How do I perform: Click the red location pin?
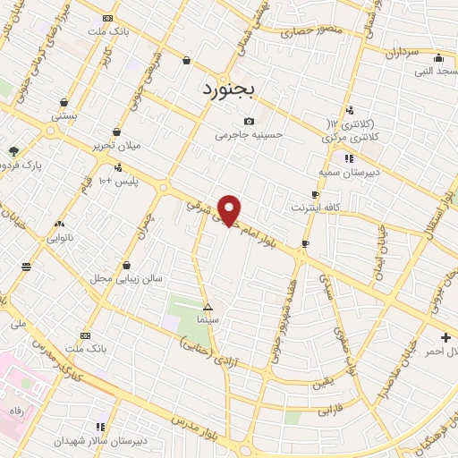(230, 209)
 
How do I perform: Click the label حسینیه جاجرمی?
(248, 136)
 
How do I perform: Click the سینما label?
(208, 319)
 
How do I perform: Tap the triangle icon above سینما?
(208, 306)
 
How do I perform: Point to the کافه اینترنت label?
(313, 208)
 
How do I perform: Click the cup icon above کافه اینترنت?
(315, 194)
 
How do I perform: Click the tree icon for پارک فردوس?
(13, 151)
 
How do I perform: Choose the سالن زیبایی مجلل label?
(125, 278)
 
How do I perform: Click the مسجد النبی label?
(430, 71)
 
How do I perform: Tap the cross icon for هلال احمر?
(445, 337)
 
